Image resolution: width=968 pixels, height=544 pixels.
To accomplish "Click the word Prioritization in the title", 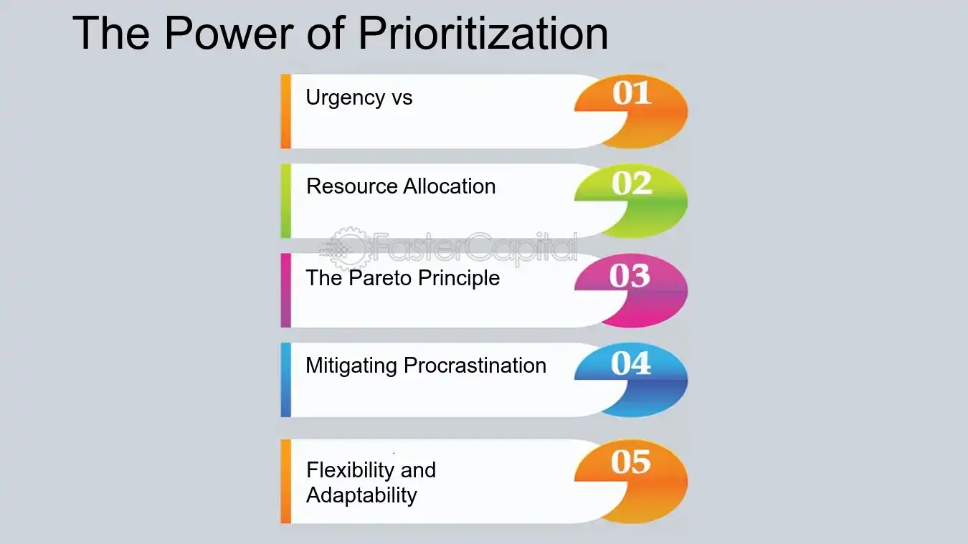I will [x=483, y=33].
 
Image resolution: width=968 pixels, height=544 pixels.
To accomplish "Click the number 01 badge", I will [x=632, y=94].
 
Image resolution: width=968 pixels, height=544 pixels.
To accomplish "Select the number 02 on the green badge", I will [x=632, y=184].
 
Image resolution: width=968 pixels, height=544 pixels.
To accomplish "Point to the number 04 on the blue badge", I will [x=631, y=363].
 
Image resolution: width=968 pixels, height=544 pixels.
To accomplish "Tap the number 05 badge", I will [x=631, y=462].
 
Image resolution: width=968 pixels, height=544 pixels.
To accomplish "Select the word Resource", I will [x=351, y=186].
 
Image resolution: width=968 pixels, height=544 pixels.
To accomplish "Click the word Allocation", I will [x=449, y=186].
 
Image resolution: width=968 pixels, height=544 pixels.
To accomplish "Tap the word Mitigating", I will [x=351, y=366].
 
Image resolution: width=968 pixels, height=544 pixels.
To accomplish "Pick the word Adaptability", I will [x=361, y=495].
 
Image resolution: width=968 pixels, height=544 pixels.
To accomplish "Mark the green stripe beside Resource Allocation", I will [x=285, y=201].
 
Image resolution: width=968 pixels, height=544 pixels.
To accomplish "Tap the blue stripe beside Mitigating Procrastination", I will [x=285, y=380].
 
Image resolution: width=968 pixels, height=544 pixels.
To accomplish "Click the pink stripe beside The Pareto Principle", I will [x=285, y=290].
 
